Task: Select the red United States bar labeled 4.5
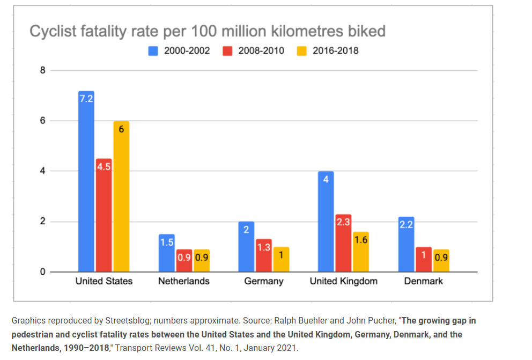[x=104, y=215]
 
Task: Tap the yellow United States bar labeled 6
[x=121, y=196]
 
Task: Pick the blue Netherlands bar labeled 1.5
[x=166, y=253]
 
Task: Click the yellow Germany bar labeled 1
[x=281, y=259]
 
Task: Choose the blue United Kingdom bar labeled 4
[x=326, y=221]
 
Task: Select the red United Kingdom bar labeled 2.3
[x=343, y=243]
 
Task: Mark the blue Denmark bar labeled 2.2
[x=406, y=244]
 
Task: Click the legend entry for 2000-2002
[x=179, y=51]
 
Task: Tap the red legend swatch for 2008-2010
[x=227, y=51]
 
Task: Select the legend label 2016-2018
[x=335, y=51]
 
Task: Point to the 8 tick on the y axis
[x=42, y=70]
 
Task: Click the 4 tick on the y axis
[x=42, y=171]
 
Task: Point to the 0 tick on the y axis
[x=42, y=272]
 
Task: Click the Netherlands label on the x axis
[x=183, y=281]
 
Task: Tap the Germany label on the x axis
[x=263, y=281]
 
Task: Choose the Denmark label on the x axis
[x=423, y=281]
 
